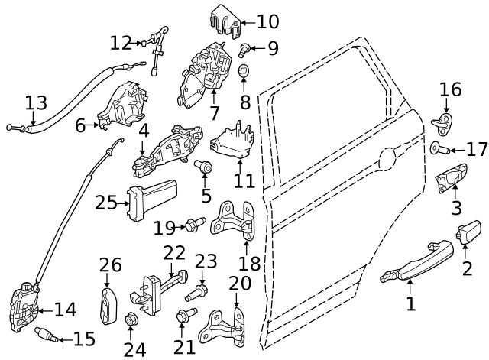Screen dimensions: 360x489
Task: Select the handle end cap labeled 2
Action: (468, 232)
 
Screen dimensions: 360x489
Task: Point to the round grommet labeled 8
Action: (244, 73)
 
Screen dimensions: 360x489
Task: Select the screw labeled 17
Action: (438, 148)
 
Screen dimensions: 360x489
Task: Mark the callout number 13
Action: (36, 102)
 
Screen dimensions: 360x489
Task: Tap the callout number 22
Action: (174, 253)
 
